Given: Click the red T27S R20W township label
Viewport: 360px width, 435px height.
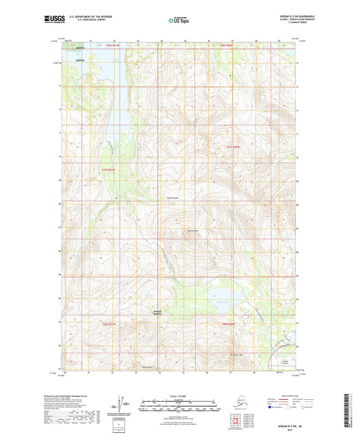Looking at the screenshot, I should [233, 147].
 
